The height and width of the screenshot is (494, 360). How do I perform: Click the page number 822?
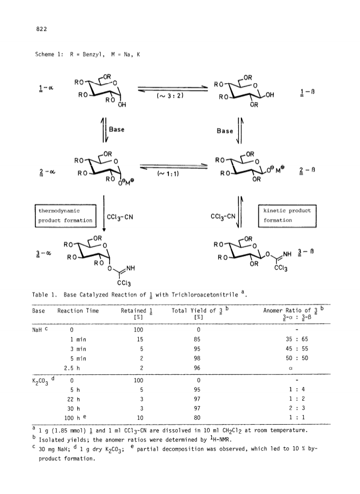[42, 29]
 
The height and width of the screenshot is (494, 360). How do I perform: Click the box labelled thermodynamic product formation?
[66, 216]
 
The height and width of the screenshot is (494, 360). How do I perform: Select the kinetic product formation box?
[287, 216]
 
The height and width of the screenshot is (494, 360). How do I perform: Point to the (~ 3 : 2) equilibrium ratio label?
[170, 95]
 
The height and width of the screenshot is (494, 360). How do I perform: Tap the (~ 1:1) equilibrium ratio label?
[168, 174]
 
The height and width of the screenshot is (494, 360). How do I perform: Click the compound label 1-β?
[308, 92]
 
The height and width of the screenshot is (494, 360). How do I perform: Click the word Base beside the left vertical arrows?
[116, 130]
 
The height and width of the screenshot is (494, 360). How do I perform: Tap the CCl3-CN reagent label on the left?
[120, 217]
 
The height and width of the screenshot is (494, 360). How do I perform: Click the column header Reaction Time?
[78, 311]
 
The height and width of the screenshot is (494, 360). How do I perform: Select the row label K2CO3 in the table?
[40, 382]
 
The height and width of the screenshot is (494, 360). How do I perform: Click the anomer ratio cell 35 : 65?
[296, 339]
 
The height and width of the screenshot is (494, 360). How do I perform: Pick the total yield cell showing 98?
[197, 358]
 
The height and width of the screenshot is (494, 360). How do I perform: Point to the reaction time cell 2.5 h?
[72, 368]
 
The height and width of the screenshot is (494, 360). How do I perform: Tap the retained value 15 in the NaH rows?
[140, 339]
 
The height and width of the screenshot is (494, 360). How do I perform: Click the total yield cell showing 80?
[197, 418]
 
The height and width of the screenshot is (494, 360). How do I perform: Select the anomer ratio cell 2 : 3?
[297, 408]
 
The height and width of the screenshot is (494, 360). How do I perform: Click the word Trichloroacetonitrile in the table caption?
[205, 295]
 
